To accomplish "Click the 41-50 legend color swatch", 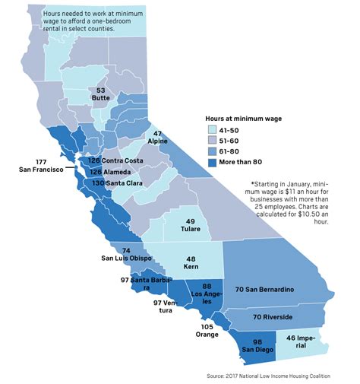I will click(x=212, y=131).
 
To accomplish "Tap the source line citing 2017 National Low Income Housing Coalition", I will click(x=274, y=376).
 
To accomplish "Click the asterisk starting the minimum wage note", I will click(x=252, y=184).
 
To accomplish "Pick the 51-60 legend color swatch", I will click(x=212, y=141).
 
